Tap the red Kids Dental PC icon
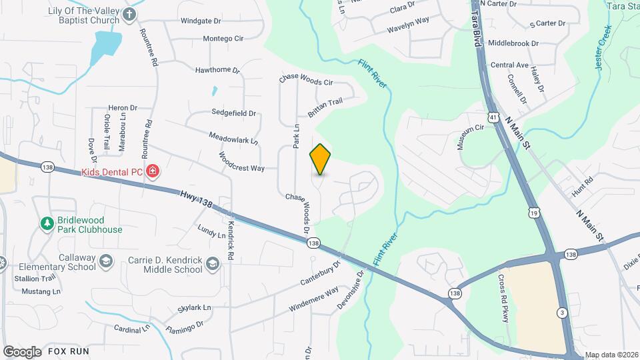point(153,172)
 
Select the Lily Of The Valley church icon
point(131,14)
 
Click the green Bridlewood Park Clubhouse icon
point(47,223)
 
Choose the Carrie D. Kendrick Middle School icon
point(213,263)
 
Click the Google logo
point(22,351)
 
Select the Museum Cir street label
point(470,137)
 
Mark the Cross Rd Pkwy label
point(504,298)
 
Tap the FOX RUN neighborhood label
point(68,351)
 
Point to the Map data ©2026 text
point(611,355)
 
